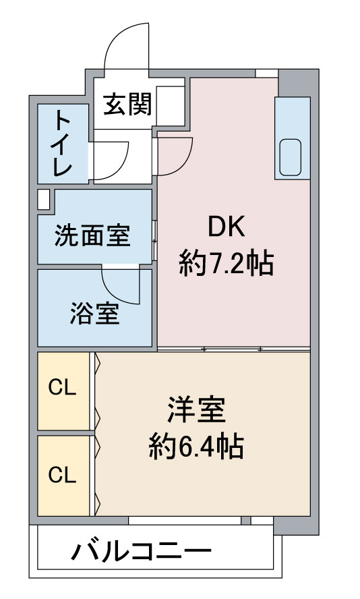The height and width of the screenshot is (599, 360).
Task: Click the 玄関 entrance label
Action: pyautogui.click(x=127, y=105)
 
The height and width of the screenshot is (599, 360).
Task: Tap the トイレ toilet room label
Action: pyautogui.click(x=62, y=144)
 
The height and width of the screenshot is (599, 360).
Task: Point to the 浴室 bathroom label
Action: pyautogui.click(x=94, y=313)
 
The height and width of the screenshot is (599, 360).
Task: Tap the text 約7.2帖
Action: pyautogui.click(x=227, y=263)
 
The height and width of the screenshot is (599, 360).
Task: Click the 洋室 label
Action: pyautogui.click(x=196, y=411)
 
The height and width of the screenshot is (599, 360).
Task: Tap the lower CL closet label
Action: pyautogui.click(x=62, y=475)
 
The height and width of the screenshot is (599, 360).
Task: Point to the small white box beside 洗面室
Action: pyautogui.click(x=43, y=200)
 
